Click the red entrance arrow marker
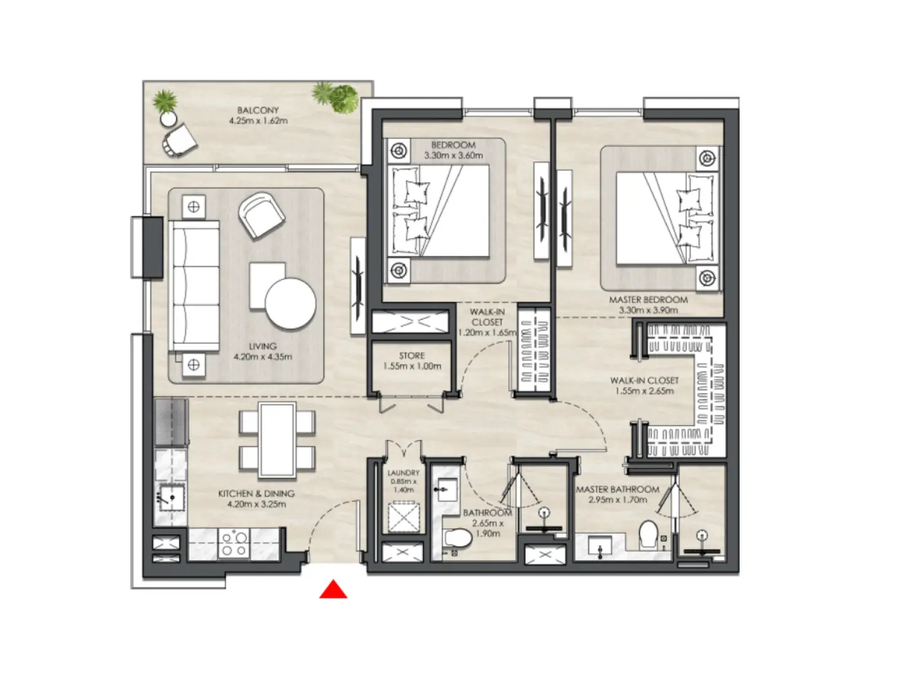(x=333, y=590)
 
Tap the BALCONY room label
(x=258, y=110)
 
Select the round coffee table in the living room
(x=290, y=304)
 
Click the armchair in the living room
(x=261, y=215)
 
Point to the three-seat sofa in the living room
(x=195, y=286)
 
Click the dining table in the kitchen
(x=277, y=440)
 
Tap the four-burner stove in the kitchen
(x=234, y=544)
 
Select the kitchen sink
(x=171, y=498)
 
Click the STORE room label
(x=412, y=356)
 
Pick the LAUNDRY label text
(x=403, y=473)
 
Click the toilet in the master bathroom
(x=648, y=534)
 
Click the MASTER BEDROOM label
(x=648, y=300)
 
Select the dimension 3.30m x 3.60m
(x=453, y=156)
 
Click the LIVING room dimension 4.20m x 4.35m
(x=263, y=357)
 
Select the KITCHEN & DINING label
(x=257, y=493)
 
